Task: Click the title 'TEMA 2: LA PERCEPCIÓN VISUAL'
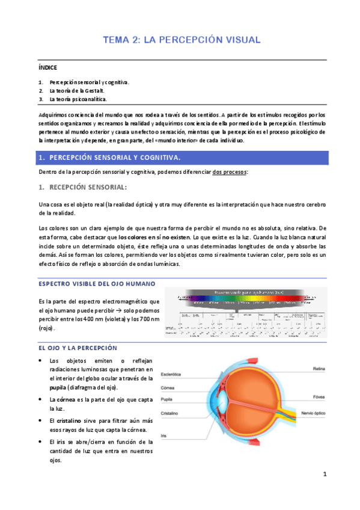pos(182,40)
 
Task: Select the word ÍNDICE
pos(47,69)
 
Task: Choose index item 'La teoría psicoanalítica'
pos(82,99)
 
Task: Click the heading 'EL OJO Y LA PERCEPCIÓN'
pos(78,348)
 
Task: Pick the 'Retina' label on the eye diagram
pos(320,368)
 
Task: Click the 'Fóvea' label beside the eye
pos(319,398)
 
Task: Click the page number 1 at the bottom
pos(325,475)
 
